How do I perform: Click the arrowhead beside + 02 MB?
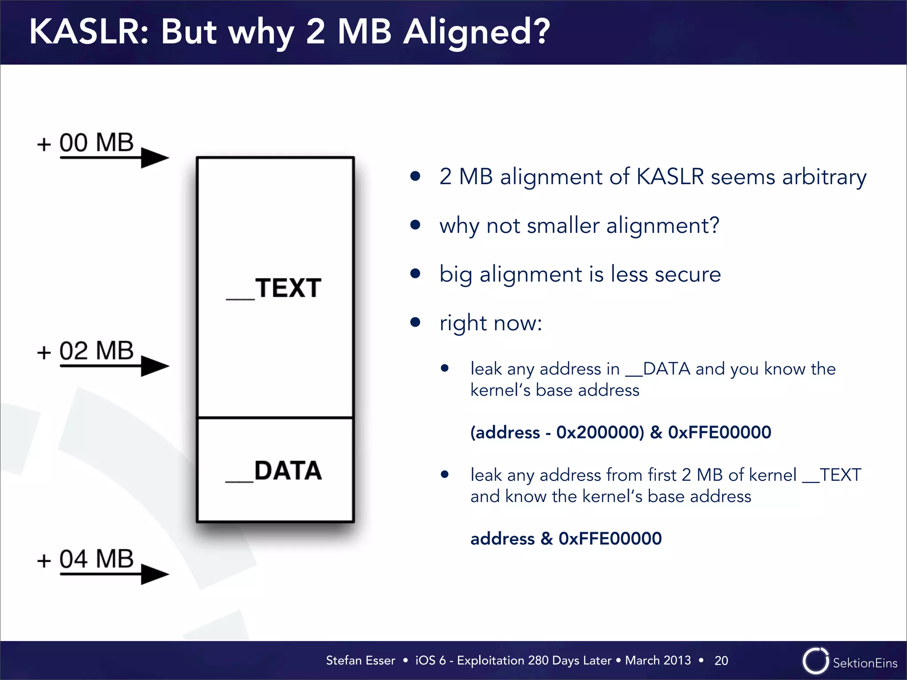[x=155, y=366]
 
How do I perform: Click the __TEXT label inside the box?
[x=275, y=288]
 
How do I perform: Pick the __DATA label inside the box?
[x=275, y=471]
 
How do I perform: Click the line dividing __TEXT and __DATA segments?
[x=275, y=417]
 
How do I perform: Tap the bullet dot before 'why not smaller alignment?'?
[x=415, y=225]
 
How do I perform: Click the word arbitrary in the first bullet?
[x=824, y=177]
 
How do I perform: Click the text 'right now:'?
[x=490, y=323]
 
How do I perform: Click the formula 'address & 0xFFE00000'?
[x=566, y=538]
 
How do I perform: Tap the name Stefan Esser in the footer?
[x=360, y=660]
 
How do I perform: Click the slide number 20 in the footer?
[x=721, y=661]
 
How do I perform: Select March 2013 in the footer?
[x=658, y=660]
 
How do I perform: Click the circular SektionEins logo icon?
[x=815, y=661]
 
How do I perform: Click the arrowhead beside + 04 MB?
[x=155, y=574]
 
